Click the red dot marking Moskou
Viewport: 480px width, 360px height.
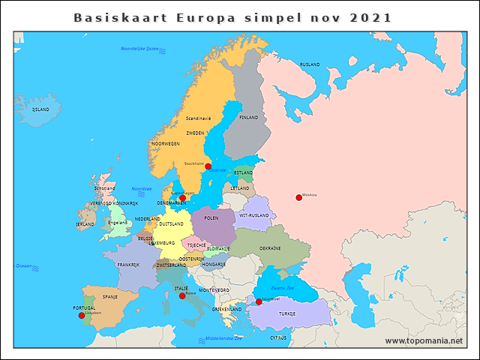(298, 197)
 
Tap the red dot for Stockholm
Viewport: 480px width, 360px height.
(208, 166)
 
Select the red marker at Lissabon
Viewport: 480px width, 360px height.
(82, 316)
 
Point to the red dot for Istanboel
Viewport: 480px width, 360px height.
(259, 302)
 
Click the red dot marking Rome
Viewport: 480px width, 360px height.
(182, 296)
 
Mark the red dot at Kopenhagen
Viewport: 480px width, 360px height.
(182, 198)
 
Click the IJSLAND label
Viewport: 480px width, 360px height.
(40, 109)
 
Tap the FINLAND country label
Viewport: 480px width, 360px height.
(248, 118)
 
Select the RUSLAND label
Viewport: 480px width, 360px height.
(310, 65)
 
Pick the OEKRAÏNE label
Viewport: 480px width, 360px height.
(270, 248)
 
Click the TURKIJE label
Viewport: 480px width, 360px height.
(287, 313)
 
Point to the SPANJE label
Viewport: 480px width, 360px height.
(110, 297)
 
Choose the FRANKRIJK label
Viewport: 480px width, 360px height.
(128, 265)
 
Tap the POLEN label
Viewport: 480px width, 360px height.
(211, 218)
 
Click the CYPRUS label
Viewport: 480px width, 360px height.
(278, 337)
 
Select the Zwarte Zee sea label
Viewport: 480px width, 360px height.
(283, 288)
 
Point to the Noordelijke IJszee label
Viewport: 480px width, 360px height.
(140, 49)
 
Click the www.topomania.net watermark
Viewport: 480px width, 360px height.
(423, 341)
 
